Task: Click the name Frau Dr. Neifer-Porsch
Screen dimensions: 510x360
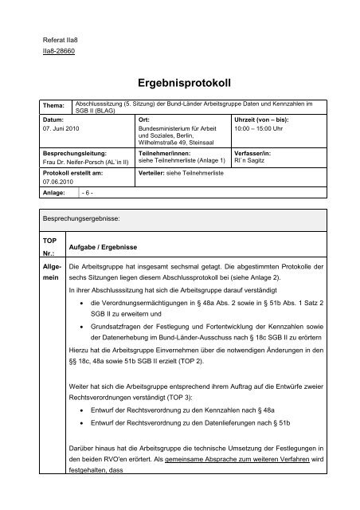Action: (78, 159)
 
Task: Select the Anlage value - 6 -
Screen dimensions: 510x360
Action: (88, 193)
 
